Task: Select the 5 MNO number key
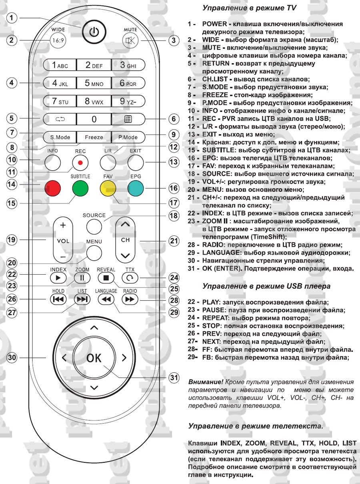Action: [x=94, y=83]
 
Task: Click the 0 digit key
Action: [x=94, y=118]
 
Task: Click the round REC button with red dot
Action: [x=80, y=162]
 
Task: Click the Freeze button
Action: [x=94, y=137]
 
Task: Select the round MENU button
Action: [x=94, y=252]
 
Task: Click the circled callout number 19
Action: [x=13, y=240]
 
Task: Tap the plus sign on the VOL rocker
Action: [x=62, y=225]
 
